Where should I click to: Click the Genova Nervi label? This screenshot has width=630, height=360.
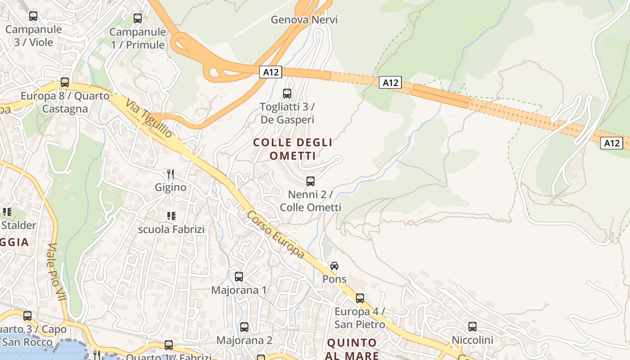[x=304, y=20]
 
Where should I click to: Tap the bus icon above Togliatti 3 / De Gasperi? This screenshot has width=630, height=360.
[x=287, y=94]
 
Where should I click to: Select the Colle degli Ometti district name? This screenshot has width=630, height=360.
[x=292, y=149]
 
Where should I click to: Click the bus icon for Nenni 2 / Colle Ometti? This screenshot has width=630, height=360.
[x=310, y=181]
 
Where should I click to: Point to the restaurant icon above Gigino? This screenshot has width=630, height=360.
[x=171, y=174]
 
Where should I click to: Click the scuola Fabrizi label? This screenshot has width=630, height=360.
[x=171, y=229]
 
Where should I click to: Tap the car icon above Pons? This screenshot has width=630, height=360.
[x=334, y=266]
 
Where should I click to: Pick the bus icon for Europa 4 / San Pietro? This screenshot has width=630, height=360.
[x=360, y=298]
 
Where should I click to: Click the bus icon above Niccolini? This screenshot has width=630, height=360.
[x=472, y=327]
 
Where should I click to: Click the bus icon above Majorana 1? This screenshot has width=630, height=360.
[x=239, y=277]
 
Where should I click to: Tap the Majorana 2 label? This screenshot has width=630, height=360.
[x=244, y=340]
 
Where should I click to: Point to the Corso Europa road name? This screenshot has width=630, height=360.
[x=275, y=235]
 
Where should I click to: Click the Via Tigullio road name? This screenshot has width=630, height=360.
[x=148, y=118]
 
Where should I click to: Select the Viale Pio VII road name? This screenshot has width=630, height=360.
[x=57, y=272]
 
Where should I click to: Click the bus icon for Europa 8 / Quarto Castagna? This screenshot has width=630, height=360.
[x=65, y=82]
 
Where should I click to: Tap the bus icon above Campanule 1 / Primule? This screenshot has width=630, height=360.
[x=138, y=18]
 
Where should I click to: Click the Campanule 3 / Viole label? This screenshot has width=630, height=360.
[x=33, y=36]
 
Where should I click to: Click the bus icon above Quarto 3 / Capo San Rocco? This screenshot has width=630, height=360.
[x=27, y=316]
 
